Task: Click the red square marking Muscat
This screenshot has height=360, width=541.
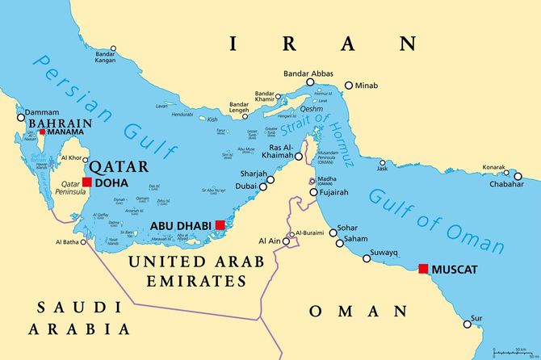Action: [422, 268]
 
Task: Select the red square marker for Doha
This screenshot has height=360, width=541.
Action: [87, 182]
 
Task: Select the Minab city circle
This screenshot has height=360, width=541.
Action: [349, 86]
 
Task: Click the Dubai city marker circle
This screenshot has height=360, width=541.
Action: [262, 186]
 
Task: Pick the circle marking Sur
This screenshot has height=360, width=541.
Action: [467, 324]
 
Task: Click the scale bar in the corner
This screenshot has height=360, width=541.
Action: [514, 352]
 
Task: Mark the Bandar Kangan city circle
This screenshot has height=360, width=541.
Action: [113, 49]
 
